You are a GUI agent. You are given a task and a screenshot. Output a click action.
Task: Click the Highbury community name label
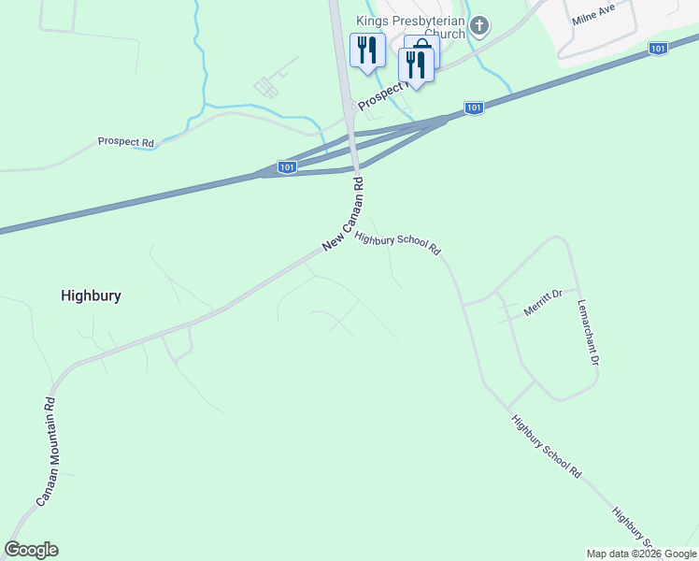click(91, 295)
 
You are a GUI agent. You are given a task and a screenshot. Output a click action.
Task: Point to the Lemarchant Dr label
click(587, 332)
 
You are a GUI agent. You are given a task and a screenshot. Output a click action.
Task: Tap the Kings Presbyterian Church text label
click(409, 26)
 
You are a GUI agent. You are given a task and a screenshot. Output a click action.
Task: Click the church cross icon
click(479, 25)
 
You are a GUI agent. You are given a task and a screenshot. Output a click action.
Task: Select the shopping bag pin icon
click(422, 50)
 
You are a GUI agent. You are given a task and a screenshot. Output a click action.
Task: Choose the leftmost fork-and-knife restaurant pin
click(366, 49)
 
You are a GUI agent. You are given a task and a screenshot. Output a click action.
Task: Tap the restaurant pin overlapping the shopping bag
click(415, 65)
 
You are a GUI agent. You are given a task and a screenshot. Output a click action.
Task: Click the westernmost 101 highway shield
click(288, 167)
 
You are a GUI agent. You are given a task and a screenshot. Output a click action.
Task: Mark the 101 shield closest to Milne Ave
click(658, 48)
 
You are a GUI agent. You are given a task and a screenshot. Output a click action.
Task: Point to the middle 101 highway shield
click(475, 108)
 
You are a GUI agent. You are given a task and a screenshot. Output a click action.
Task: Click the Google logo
click(31, 550)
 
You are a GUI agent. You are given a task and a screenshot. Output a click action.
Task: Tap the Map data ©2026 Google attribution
click(641, 554)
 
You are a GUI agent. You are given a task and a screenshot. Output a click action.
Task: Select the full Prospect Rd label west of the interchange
click(125, 142)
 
